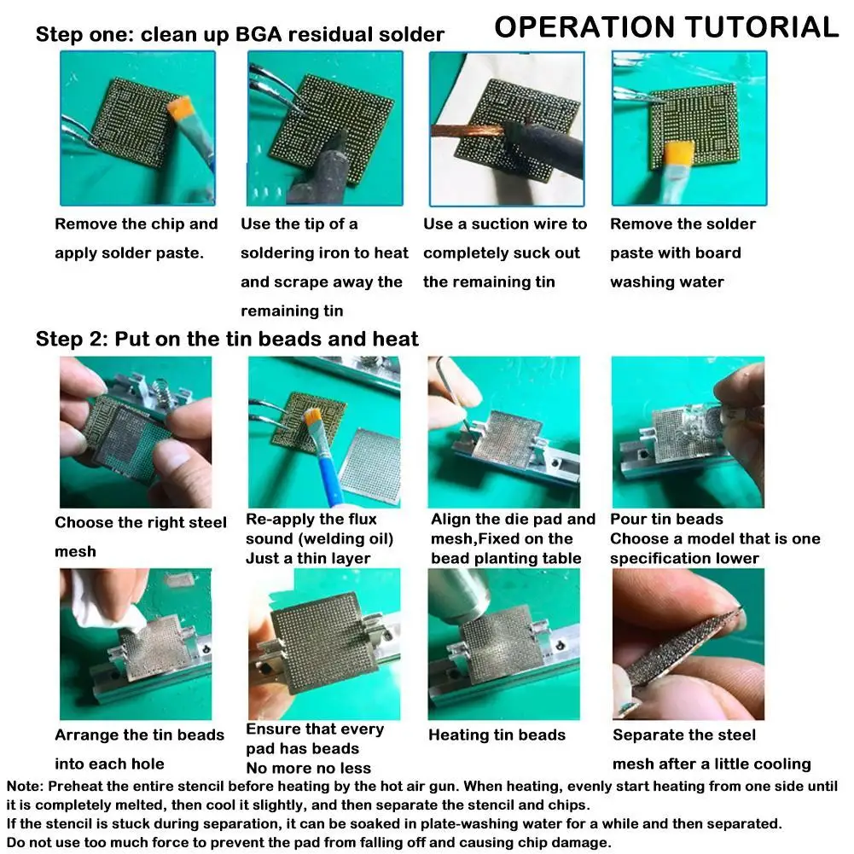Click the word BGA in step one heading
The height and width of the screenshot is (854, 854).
click(x=259, y=34)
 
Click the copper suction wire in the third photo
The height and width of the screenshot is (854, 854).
click(x=468, y=131)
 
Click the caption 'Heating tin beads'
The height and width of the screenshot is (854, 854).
click(x=497, y=735)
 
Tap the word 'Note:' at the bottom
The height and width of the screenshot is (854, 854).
click(x=25, y=786)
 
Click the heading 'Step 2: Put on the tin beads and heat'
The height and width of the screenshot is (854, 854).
click(x=227, y=339)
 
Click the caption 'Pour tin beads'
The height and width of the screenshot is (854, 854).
click(x=666, y=519)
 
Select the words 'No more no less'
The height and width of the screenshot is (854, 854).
click(x=309, y=768)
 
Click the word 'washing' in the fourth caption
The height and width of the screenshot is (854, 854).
click(x=638, y=282)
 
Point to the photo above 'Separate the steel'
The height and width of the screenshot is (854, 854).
click(x=688, y=644)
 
